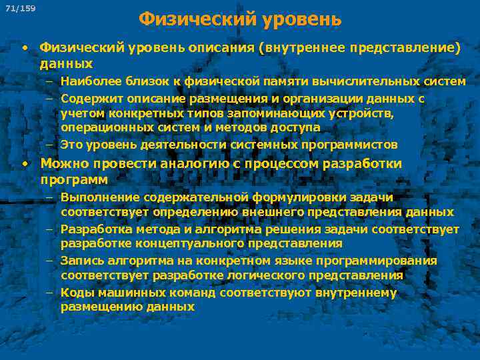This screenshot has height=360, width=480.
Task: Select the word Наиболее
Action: [86, 82]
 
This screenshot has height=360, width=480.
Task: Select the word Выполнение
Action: [95, 197]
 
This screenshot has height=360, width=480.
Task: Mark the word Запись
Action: [79, 261]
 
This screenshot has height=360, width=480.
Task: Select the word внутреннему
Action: [353, 292]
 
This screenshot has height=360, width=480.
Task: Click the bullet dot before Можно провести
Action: [24, 163]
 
